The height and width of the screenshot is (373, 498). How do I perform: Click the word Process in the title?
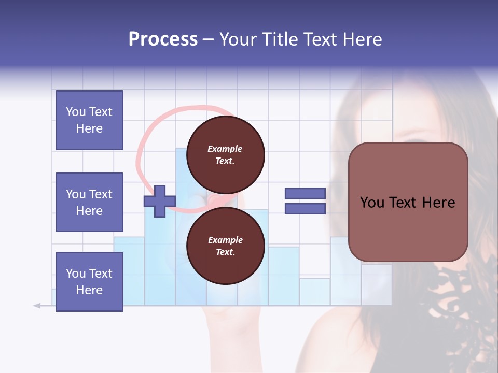(163, 39)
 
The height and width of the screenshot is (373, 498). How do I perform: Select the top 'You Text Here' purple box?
(89, 120)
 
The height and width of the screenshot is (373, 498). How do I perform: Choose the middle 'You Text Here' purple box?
(89, 202)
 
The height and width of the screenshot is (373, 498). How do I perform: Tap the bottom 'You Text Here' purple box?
(89, 281)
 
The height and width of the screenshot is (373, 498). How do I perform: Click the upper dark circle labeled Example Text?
(225, 155)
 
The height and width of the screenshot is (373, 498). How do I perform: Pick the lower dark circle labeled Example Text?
(225, 246)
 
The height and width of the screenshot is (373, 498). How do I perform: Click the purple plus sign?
(159, 201)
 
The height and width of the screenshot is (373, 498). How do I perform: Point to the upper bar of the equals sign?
(305, 193)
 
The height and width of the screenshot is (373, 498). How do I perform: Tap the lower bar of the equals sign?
(305, 209)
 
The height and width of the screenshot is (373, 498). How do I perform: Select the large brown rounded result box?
(408, 202)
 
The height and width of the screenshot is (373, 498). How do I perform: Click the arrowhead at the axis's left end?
(37, 306)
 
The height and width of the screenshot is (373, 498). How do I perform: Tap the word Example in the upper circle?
(225, 149)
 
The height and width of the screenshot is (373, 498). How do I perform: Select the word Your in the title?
(237, 39)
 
